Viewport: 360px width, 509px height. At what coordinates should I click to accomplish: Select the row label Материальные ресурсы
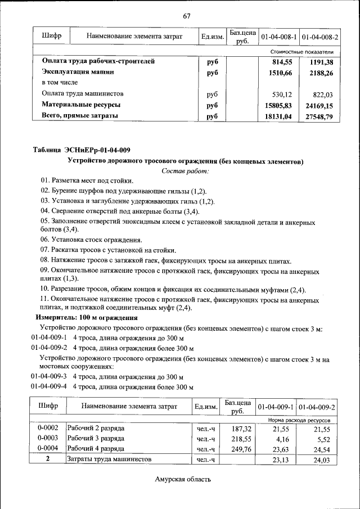(81, 105)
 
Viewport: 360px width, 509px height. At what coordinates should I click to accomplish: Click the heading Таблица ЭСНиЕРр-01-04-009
(82, 150)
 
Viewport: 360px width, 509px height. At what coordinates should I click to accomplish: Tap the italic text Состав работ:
(186, 170)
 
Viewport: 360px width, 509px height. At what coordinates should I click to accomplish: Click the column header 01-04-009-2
(317, 407)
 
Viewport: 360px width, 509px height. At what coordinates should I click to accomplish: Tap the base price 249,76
(237, 448)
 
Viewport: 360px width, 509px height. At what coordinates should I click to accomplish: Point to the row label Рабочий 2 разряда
(96, 427)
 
